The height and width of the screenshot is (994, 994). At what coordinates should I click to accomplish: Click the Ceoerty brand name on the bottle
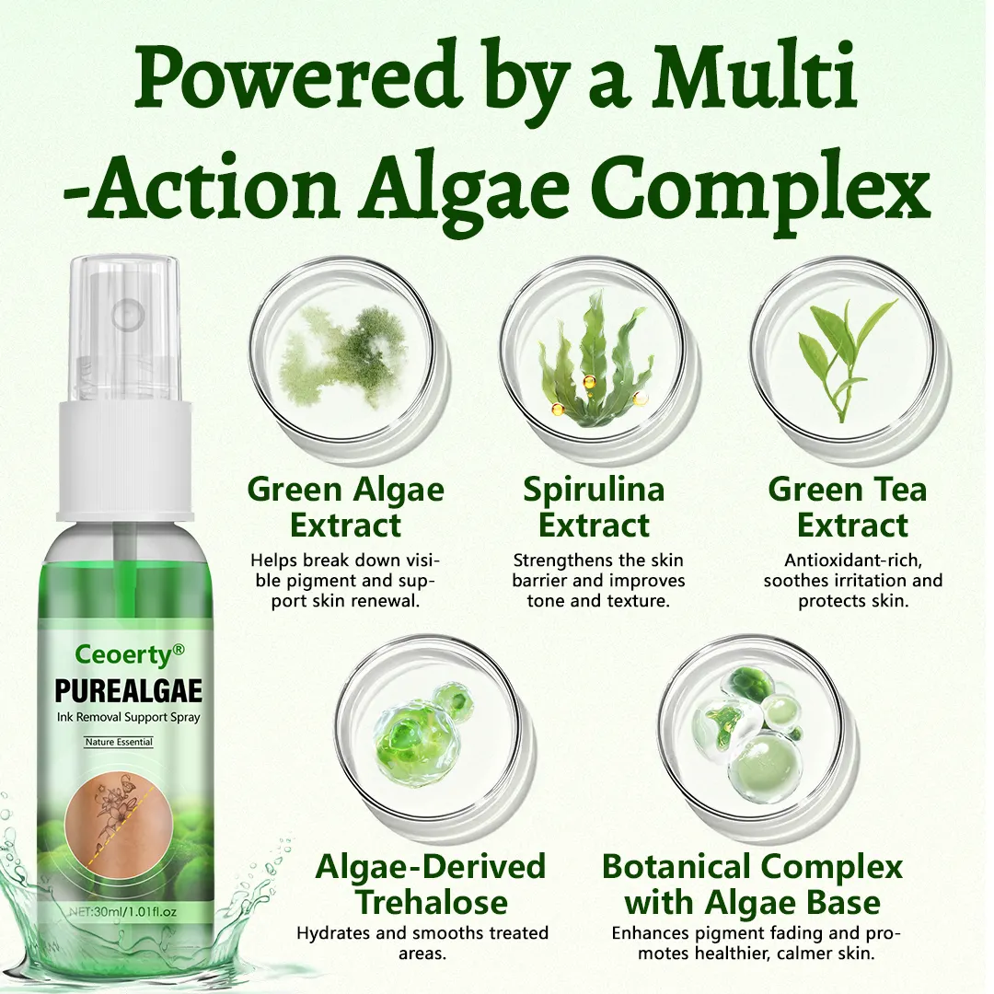pos(130,654)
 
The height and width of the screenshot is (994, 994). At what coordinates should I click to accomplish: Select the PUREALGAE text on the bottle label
pos(129,691)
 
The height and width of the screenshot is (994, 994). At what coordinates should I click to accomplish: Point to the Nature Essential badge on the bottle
pos(119,742)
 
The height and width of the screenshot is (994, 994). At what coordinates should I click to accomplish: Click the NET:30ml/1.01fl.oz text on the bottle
pos(121,911)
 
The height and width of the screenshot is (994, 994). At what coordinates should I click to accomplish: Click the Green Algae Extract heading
pos(345,507)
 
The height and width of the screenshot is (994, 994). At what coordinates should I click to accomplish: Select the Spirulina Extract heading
pos(594,507)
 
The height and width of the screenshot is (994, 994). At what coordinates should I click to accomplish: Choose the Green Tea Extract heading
pos(849,507)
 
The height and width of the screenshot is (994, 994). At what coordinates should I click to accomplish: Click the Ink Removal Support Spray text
pos(128,718)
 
